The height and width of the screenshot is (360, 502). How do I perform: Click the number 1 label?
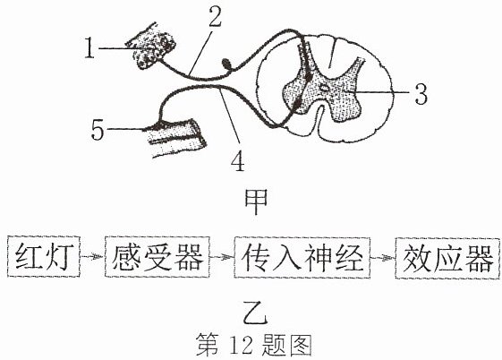click(x=90, y=48)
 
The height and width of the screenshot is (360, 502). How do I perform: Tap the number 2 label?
click(x=215, y=16)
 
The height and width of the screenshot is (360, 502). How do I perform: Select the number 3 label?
click(x=421, y=93)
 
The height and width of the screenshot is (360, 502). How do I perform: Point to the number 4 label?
click(x=238, y=161)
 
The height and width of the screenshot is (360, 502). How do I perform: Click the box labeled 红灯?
click(x=44, y=257)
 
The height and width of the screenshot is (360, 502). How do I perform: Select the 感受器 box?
click(x=157, y=257)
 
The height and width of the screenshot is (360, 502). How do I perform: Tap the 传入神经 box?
click(x=302, y=257)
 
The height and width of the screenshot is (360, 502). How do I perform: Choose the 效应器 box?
click(x=447, y=258)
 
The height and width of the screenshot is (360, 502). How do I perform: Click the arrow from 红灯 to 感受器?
click(x=92, y=256)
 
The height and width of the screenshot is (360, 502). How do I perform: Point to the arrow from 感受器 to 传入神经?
click(x=222, y=256)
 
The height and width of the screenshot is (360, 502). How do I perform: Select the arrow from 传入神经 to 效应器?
click(x=383, y=257)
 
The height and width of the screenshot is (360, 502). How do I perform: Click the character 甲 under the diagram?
click(x=256, y=201)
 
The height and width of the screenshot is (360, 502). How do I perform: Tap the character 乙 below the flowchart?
click(x=255, y=313)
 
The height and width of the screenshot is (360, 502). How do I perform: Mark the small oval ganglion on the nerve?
click(x=227, y=64)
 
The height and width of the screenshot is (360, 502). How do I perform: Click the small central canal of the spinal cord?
click(x=325, y=87)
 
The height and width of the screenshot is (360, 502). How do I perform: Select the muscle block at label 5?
click(x=174, y=138)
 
